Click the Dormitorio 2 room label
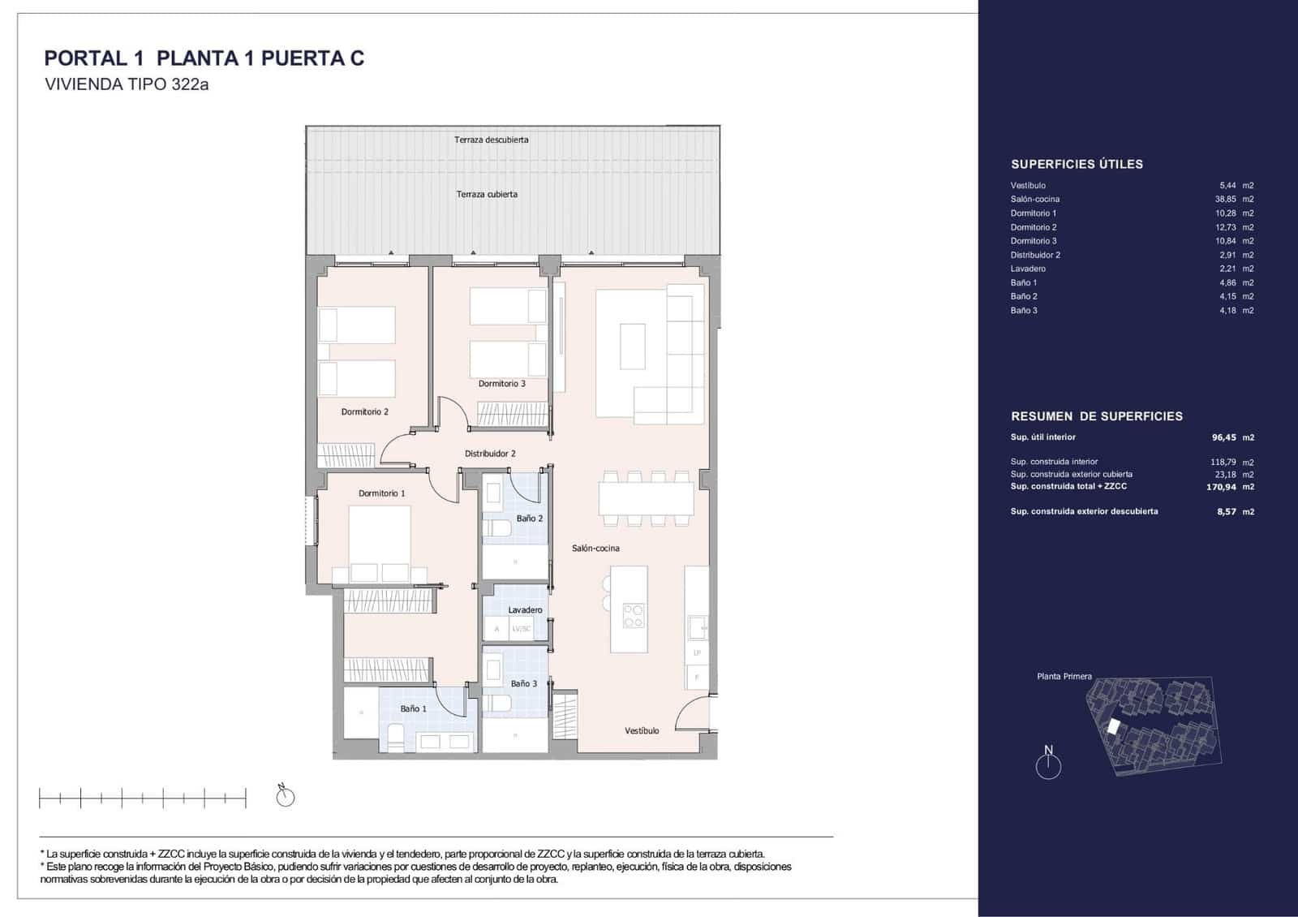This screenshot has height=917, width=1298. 364,412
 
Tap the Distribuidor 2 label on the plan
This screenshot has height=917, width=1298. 490,454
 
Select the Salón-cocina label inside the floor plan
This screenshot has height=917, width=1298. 595,549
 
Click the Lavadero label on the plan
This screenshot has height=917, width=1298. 525,610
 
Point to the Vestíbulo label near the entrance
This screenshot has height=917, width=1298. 642,731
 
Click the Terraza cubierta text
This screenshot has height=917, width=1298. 487,195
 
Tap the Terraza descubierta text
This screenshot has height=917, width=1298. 491,140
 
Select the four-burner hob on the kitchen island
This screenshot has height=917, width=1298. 634,616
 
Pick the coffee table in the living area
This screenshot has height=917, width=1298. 633,347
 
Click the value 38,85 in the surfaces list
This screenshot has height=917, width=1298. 1225,200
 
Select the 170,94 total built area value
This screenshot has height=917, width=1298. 1220,488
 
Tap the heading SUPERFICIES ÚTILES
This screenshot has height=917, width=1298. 1077,165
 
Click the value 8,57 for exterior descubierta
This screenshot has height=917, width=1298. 1226,512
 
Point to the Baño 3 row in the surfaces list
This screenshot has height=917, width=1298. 1024,311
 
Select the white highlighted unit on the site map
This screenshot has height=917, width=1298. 1114,728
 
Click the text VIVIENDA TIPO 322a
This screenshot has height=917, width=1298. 127,84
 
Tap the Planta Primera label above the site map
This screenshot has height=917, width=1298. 1064,677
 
